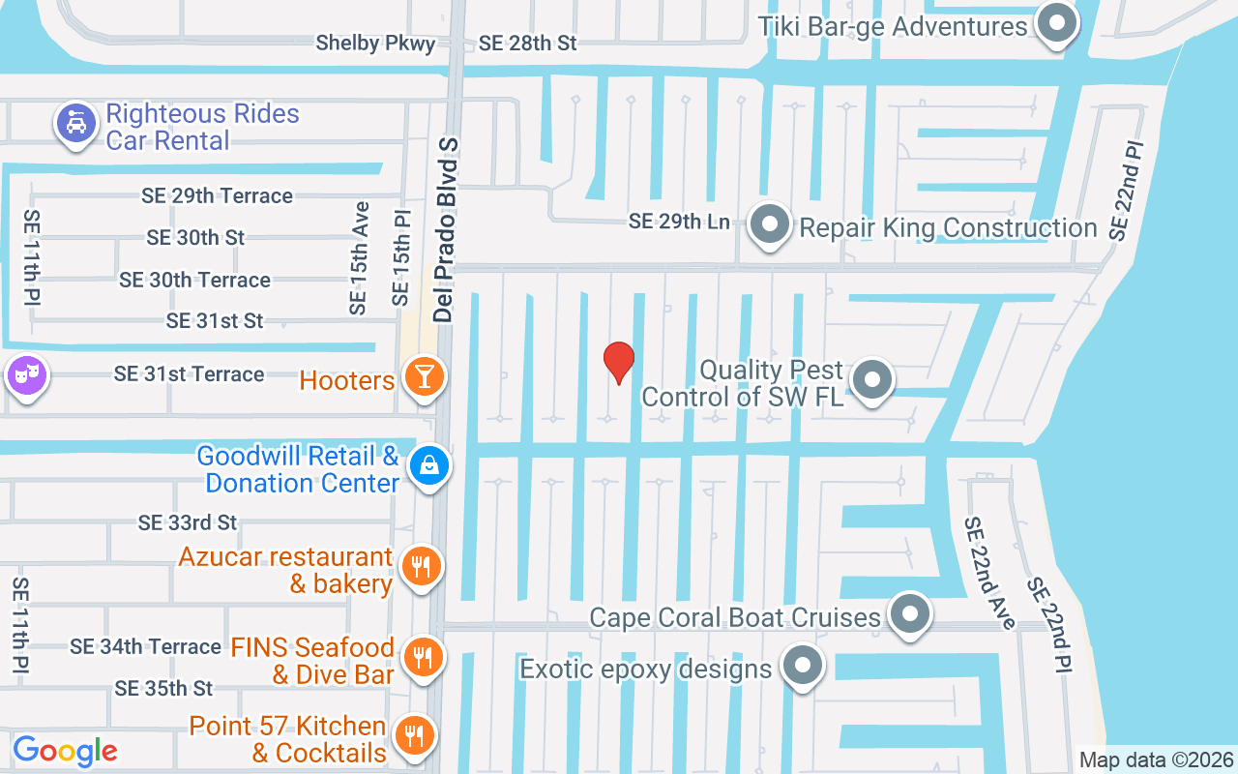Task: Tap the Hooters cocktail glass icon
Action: [x=424, y=376]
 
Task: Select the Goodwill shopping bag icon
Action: [x=428, y=465]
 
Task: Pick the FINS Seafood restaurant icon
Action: [x=422, y=657]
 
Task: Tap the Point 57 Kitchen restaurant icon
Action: [x=415, y=736]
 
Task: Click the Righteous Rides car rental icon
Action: [x=74, y=123]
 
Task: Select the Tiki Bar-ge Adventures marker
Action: [x=1056, y=23]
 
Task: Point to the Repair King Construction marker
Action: [x=771, y=224]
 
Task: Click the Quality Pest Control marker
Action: [x=873, y=379]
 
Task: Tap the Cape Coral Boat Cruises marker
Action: [x=909, y=613]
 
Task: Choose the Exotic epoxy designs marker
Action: [x=802, y=666]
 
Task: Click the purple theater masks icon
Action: [x=25, y=372]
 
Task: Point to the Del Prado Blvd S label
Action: [x=444, y=228]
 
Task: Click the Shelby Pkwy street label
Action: [x=376, y=44]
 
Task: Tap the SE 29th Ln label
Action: [x=679, y=222]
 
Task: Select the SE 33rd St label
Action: [x=188, y=523]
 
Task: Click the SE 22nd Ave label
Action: [x=989, y=573]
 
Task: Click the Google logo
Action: [x=65, y=750]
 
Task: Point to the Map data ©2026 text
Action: [x=1157, y=759]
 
